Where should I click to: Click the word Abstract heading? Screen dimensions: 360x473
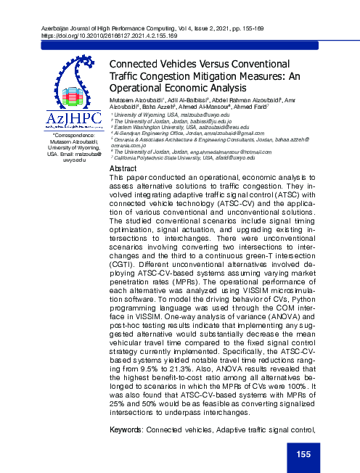point(123,168)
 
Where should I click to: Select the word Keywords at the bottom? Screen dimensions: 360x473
point(124,430)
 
